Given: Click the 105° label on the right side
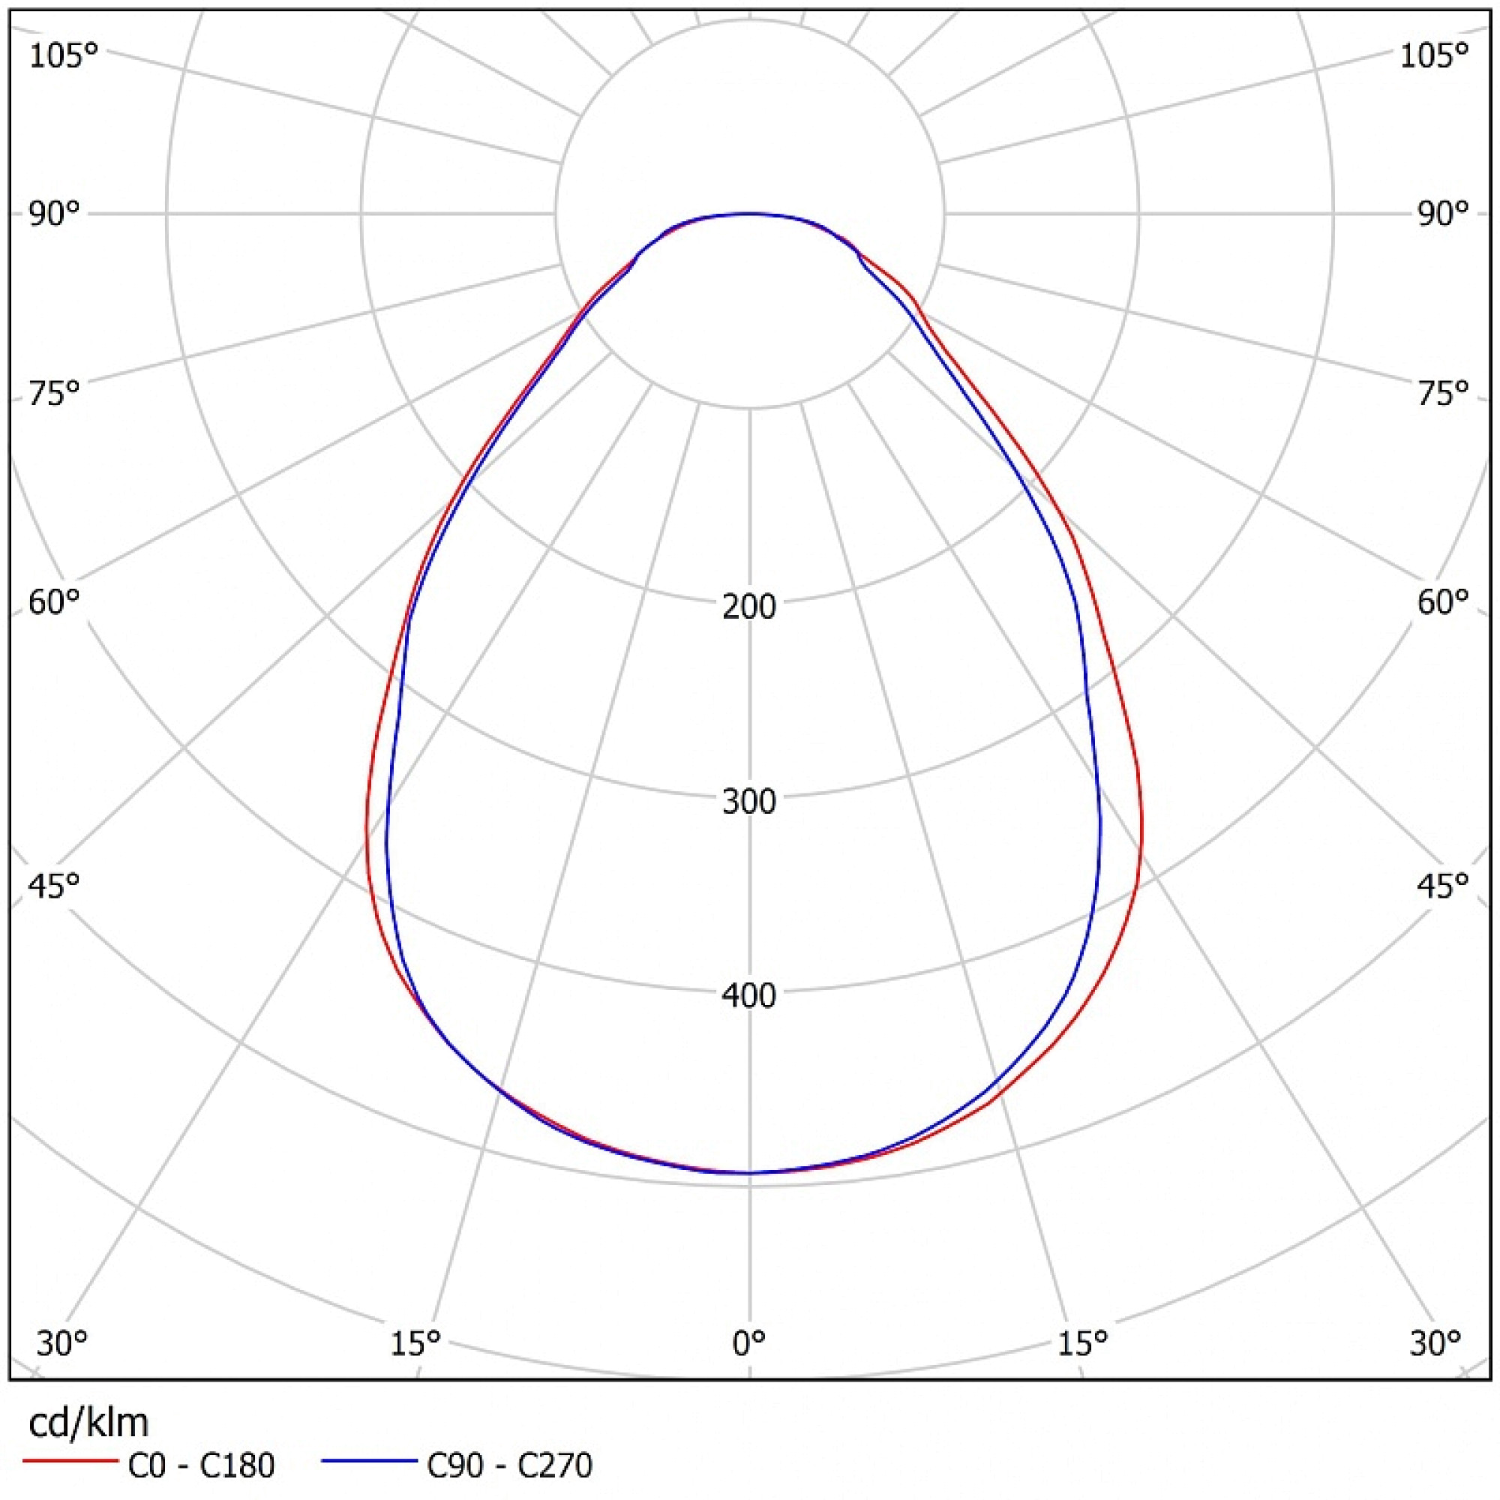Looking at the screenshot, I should (1434, 57).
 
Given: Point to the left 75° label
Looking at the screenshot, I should (54, 394).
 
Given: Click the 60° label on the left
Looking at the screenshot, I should (54, 601).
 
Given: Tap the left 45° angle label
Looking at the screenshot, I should (54, 884).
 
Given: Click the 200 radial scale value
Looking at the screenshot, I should (749, 606).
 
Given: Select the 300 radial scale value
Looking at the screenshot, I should (749, 801).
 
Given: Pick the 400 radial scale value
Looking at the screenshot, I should (749, 995).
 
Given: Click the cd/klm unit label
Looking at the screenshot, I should (88, 1423).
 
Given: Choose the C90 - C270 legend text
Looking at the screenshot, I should (509, 1465).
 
